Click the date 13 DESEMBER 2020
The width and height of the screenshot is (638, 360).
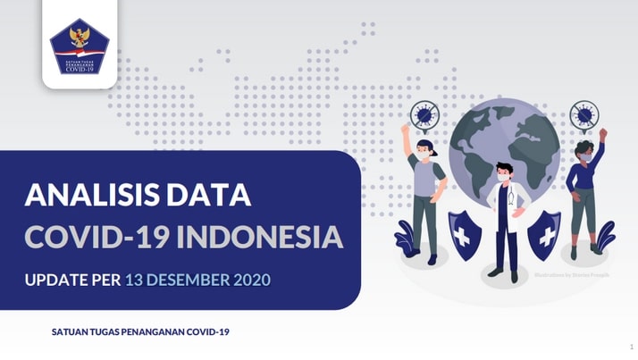click(x=197, y=280)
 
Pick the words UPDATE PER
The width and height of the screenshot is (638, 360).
click(x=72, y=280)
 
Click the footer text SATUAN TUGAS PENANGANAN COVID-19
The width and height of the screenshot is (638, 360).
click(x=140, y=332)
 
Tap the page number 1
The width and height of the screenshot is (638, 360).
click(x=631, y=345)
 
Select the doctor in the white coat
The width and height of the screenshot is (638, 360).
click(x=506, y=219)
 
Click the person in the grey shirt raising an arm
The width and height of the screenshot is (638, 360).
click(x=425, y=192)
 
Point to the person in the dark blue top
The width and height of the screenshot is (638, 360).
click(x=584, y=192)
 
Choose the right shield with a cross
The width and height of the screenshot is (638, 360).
click(x=544, y=235)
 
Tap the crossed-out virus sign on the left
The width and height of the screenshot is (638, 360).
click(x=424, y=115)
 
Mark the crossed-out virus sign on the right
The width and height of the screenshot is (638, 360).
click(x=584, y=114)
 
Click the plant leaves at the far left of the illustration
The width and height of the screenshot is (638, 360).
click(x=406, y=237)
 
